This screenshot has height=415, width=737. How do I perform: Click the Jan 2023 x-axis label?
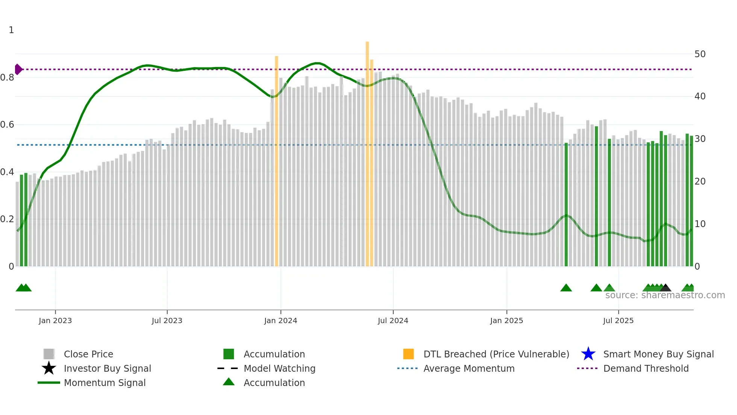tap(55, 320)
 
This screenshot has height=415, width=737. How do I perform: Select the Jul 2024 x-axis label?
tap(393, 320)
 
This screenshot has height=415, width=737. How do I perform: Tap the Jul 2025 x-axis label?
tap(618, 320)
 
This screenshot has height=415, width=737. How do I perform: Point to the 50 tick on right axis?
tap(700, 54)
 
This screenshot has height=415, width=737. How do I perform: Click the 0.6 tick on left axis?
tap(7, 125)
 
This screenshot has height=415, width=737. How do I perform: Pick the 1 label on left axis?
tap(11, 30)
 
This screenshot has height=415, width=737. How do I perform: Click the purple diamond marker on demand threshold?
tap(18, 69)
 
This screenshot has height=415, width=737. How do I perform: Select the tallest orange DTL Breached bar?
tap(367, 151)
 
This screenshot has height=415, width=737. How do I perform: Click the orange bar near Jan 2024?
tap(276, 158)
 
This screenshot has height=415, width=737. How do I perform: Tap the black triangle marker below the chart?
tap(666, 288)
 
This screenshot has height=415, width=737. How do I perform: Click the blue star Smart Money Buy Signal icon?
tap(588, 354)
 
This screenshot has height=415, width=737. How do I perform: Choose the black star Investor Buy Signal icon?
tap(49, 368)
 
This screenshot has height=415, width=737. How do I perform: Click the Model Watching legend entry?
tap(279, 368)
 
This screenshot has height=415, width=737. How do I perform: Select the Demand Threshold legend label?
tap(646, 368)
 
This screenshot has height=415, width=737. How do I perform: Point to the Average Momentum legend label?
tap(469, 368)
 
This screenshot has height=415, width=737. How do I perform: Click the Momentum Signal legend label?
tap(105, 383)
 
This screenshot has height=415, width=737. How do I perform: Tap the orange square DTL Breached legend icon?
tap(408, 354)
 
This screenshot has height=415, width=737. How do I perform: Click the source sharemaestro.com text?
tap(665, 295)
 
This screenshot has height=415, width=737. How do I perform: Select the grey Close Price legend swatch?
tap(49, 354)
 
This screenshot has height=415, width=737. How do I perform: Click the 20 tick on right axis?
tap(700, 182)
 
